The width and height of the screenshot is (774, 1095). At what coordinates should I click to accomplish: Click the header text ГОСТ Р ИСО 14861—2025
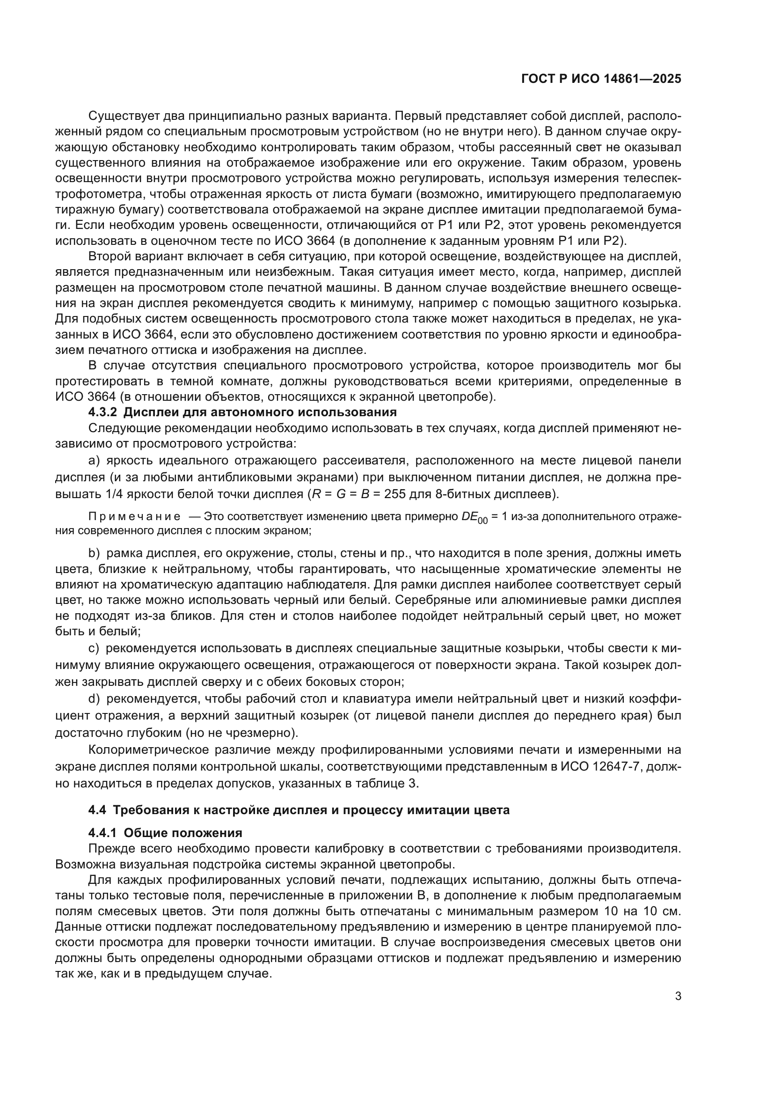tap(601, 79)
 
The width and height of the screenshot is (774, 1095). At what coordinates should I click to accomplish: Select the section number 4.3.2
tap(102, 412)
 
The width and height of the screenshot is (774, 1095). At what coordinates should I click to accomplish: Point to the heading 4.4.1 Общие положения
tap(165, 833)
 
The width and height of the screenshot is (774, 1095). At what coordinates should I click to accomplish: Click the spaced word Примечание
tap(134, 517)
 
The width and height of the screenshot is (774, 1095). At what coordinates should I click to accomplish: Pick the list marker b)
tap(94, 554)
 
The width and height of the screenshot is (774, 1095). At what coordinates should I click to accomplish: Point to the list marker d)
tap(94, 699)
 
